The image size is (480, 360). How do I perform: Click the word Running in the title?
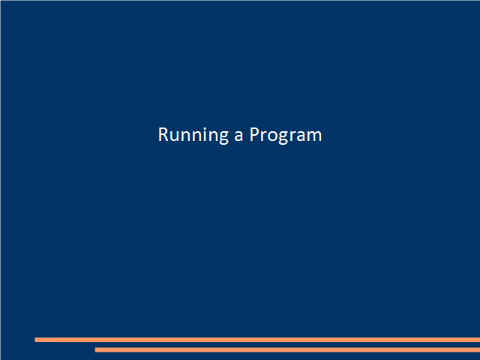[x=193, y=135]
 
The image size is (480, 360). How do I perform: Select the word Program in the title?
[x=286, y=135]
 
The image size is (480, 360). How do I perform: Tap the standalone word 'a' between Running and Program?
[x=238, y=136]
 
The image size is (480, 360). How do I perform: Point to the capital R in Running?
[x=163, y=134]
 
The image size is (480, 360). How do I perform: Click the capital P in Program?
[x=255, y=134]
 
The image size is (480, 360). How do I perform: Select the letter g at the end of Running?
[x=224, y=137]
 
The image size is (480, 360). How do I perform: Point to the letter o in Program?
[x=271, y=136]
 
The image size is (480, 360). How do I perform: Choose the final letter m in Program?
[x=314, y=136]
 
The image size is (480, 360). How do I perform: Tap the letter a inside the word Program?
[x=300, y=136]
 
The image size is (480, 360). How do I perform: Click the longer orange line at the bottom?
[x=257, y=340]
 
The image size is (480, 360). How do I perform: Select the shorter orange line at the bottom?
[x=287, y=350]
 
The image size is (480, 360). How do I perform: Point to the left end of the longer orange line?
[x=35, y=340]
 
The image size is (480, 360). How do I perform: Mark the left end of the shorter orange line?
[x=95, y=350]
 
